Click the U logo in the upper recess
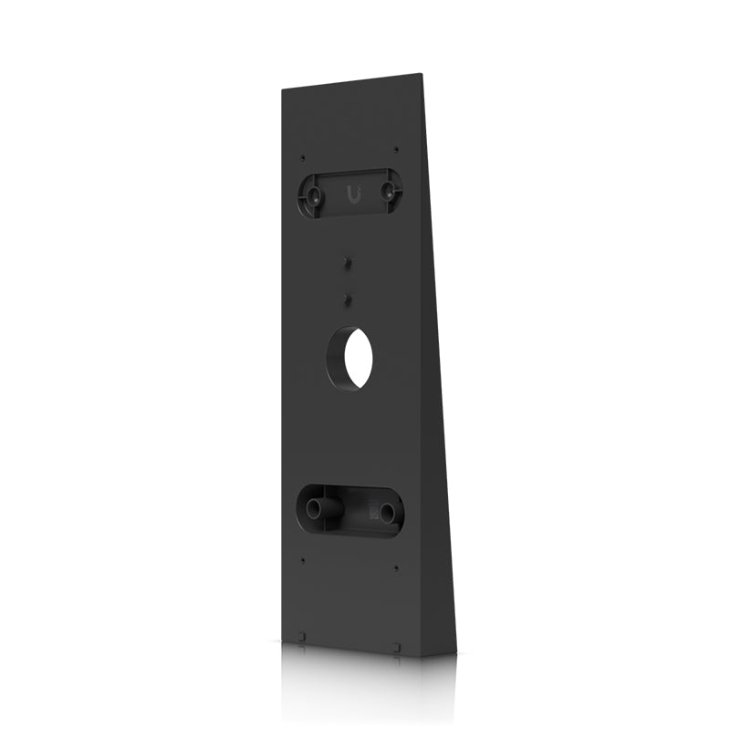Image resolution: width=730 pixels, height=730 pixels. pos(353,193)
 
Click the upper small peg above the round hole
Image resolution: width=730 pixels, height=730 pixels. pos(348,261)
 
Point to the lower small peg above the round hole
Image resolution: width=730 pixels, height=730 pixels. pos(348,297)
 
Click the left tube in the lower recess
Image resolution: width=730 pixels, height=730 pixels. pos(319,509)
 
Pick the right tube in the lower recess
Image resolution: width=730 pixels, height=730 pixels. pos(387,512)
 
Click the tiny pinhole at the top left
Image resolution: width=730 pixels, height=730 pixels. pos(303,158)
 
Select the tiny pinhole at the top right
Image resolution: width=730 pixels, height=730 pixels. pos(395,149)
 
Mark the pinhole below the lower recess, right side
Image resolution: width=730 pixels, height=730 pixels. pos(395,568)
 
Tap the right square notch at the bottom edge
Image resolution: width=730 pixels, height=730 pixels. pos(395,648)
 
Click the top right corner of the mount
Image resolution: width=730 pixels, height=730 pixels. pos(423,75)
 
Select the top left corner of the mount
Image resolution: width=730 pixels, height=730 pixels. pos(283,89)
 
